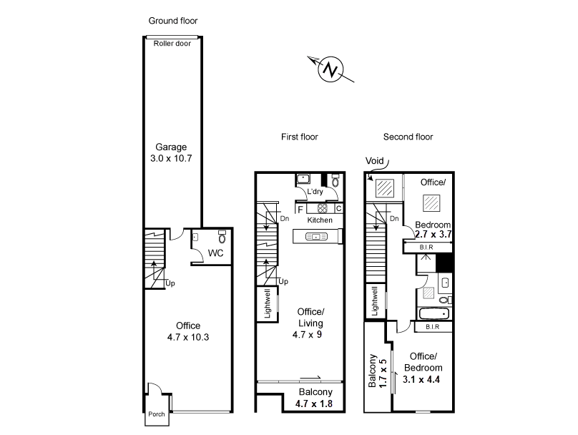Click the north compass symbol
(x=330, y=69)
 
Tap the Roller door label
(x=172, y=44)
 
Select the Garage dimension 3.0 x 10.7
(x=171, y=159)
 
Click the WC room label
(x=215, y=253)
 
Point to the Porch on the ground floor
(x=156, y=414)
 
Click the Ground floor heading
(x=173, y=21)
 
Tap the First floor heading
(x=299, y=137)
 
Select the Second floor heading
(x=408, y=137)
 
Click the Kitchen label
(x=320, y=220)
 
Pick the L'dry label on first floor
(x=315, y=192)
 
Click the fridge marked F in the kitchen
(x=300, y=210)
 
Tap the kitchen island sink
(x=317, y=237)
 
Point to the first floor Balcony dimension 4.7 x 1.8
(x=314, y=404)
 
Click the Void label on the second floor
(x=375, y=161)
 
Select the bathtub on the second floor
(x=434, y=314)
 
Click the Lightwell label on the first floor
(x=268, y=303)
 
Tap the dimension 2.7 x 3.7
(x=433, y=235)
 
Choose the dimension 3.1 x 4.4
(x=421, y=379)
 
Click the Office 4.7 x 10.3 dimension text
(x=188, y=337)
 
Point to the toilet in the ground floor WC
(x=222, y=238)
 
